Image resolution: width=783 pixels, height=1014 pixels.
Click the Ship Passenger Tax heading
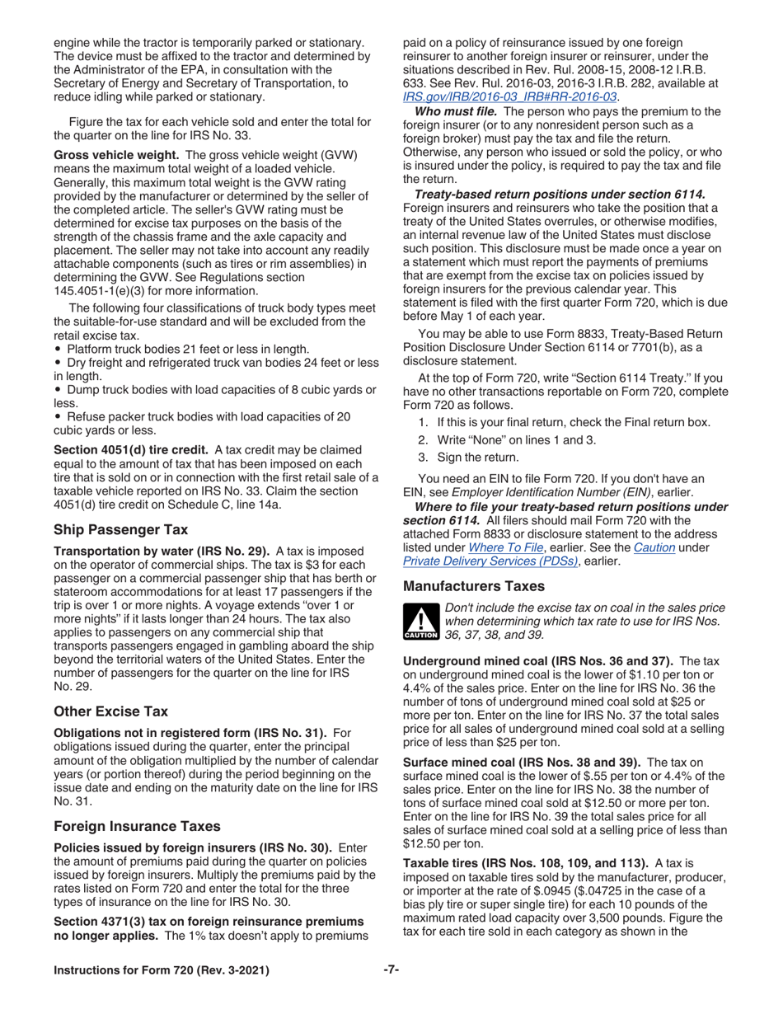120,529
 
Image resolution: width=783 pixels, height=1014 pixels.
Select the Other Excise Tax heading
110,711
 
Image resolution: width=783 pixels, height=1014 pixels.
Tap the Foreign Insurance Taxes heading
136,826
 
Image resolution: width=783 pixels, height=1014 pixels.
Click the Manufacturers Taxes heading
473,586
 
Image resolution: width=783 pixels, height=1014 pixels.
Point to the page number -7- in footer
391,970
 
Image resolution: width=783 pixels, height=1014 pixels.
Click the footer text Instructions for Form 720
161,971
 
